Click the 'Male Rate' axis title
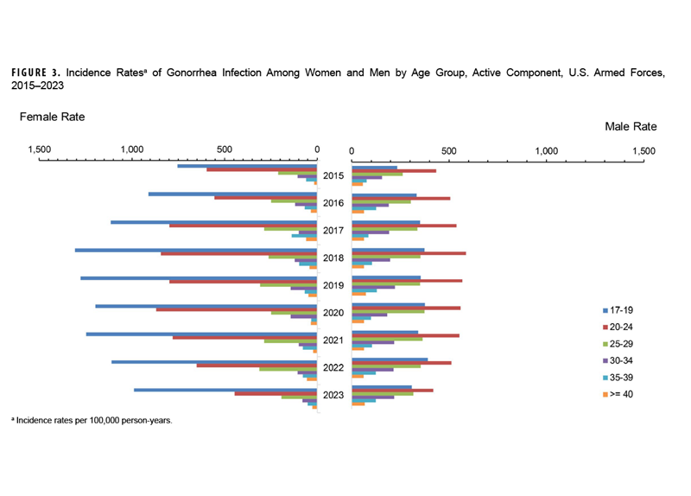631,126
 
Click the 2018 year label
333,258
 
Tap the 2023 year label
333,396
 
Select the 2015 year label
333,176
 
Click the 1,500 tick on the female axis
40,149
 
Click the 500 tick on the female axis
223,149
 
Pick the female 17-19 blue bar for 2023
225,390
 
